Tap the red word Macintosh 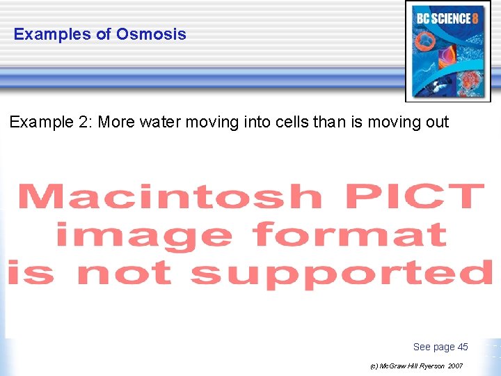[170, 197]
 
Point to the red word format [351, 235]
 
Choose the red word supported [341, 272]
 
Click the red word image [144, 235]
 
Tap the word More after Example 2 [116, 123]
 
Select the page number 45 [463, 347]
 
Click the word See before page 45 [422, 347]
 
